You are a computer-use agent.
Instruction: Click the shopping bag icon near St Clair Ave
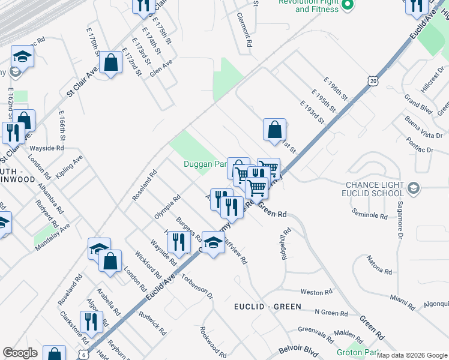[111, 63]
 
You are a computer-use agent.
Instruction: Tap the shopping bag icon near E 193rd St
[274, 130]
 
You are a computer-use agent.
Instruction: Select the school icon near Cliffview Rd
[213, 242]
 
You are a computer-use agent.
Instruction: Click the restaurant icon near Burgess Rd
[178, 242]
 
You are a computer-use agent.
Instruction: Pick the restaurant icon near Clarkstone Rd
[91, 322]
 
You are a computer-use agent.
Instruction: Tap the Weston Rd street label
[316, 292]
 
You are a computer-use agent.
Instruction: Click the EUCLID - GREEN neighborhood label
[267, 307]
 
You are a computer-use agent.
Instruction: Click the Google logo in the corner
[20, 353]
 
